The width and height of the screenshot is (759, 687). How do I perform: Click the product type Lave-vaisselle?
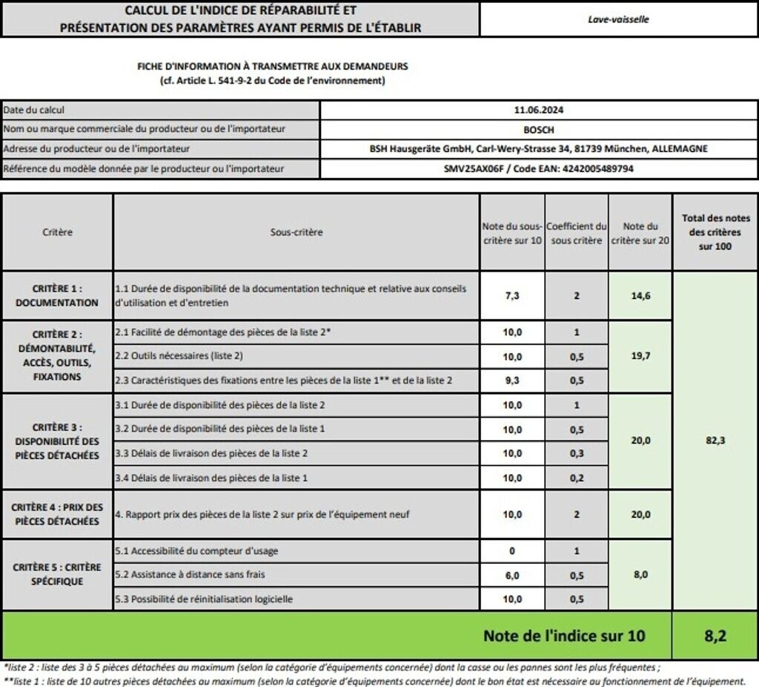[x=618, y=19]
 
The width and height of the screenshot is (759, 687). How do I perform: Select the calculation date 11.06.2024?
[x=538, y=110]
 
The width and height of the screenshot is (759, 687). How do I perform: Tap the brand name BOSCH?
[x=538, y=129]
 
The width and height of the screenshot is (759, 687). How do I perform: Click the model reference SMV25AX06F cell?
[x=538, y=168]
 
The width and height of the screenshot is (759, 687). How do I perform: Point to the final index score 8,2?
[x=715, y=636]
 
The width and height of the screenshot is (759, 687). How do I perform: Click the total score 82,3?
[x=715, y=440]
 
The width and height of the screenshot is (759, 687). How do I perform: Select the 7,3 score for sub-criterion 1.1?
[x=512, y=295]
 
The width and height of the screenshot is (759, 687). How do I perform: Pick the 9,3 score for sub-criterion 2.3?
[x=512, y=381]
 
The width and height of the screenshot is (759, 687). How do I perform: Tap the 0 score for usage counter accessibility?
[x=512, y=551]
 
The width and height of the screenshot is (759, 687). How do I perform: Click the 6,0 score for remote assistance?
[x=512, y=575]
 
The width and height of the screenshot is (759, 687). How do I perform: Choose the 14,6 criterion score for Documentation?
[x=640, y=295]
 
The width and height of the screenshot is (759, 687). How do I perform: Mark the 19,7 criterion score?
[x=640, y=356]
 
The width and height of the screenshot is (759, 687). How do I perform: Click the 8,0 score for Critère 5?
[x=640, y=574]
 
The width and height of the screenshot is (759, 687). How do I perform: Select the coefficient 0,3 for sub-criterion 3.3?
[x=576, y=453]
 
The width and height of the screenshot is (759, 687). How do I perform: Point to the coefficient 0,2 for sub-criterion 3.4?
[x=576, y=478]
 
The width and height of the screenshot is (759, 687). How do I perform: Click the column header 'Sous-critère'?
[x=296, y=232]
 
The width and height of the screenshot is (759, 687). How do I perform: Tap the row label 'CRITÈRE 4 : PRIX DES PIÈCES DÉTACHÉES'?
[x=57, y=514]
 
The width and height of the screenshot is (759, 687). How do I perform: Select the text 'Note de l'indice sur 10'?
[x=564, y=636]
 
